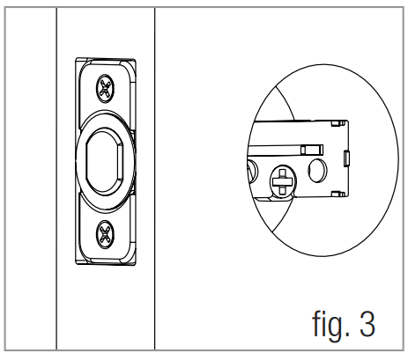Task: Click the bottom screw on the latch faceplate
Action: point(106,232)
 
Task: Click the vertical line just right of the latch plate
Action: point(155,176)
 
